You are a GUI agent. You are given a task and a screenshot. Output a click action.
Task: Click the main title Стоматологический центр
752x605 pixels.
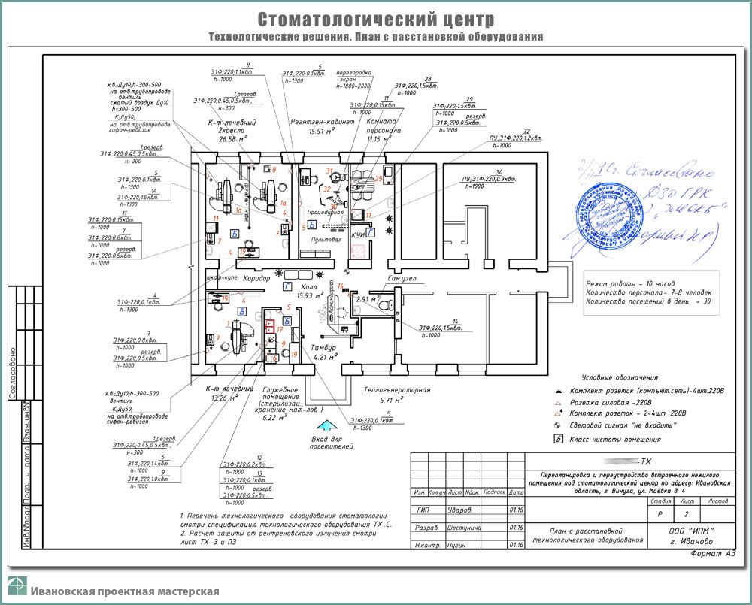tap(376, 18)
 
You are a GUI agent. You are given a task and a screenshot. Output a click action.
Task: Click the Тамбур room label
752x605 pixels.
tap(318, 347)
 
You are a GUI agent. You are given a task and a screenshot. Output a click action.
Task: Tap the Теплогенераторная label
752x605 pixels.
tap(396, 390)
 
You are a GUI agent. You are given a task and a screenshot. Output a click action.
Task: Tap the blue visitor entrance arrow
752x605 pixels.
tap(320, 424)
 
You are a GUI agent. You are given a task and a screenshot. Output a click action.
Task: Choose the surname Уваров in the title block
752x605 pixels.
tap(459, 510)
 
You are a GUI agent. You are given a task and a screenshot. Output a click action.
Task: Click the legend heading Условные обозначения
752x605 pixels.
tap(620, 377)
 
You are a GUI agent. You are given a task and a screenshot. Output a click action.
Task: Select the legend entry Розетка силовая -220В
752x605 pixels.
tap(609, 402)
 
